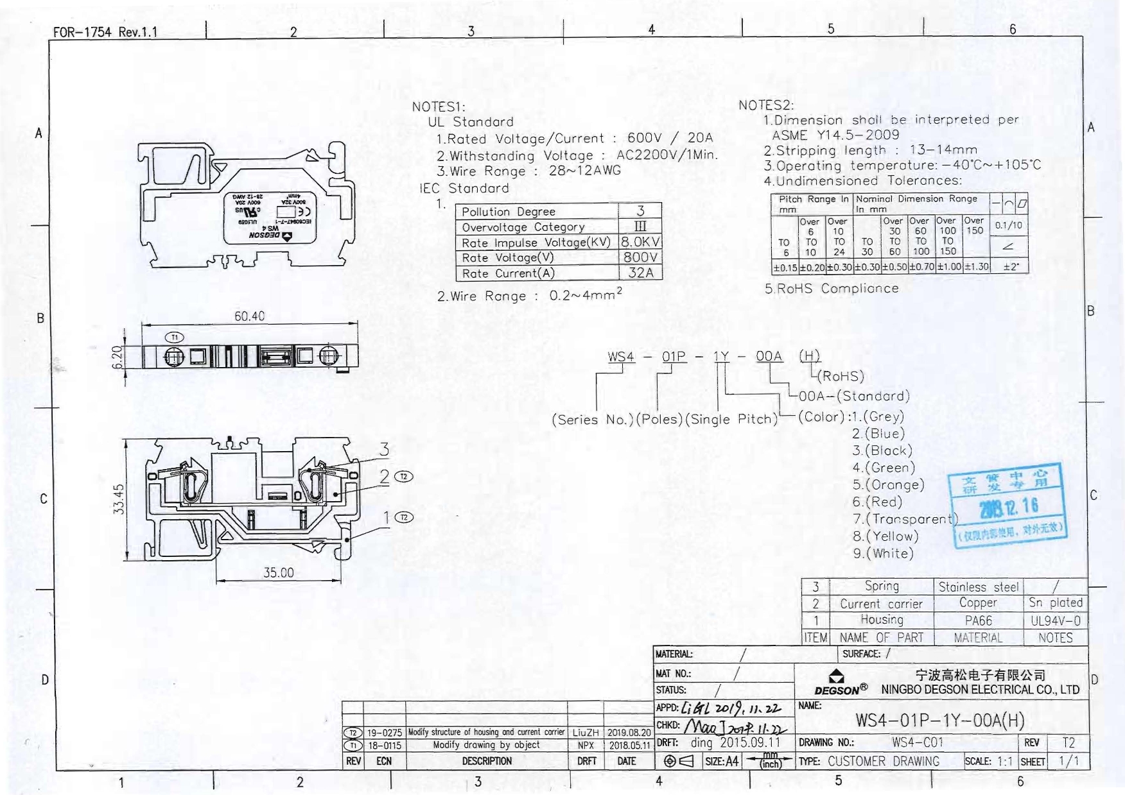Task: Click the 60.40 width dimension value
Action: (249, 316)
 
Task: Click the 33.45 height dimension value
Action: (118, 499)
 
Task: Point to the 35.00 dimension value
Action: (278, 572)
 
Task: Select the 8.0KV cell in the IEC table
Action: (640, 242)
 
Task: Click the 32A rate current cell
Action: (640, 273)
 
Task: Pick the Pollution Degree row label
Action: (508, 212)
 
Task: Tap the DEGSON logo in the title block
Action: (837, 683)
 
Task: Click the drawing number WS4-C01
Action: (918, 742)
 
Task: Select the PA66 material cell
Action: (978, 620)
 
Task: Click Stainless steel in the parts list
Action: (978, 586)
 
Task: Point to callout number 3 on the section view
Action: (384, 449)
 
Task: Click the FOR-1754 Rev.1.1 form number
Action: (105, 31)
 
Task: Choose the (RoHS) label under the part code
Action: (841, 376)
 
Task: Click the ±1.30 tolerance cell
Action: (976, 266)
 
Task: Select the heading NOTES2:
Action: (766, 105)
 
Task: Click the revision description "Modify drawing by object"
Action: (486, 745)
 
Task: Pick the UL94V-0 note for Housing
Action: (1056, 620)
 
